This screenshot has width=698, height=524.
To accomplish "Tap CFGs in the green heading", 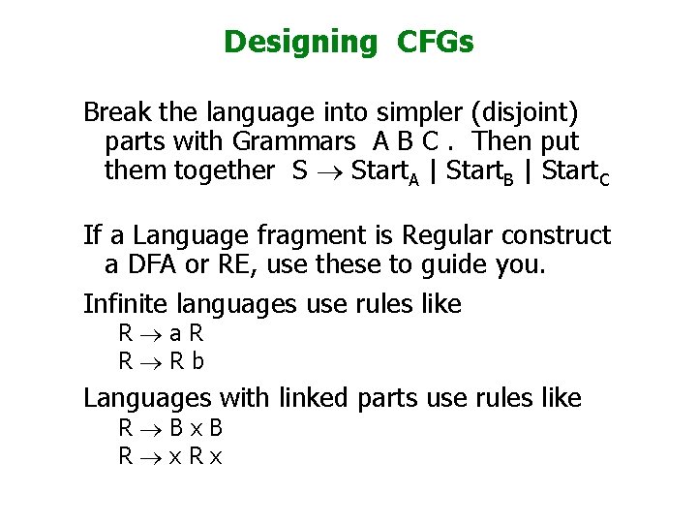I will tap(436, 43).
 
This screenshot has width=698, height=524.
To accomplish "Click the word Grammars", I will tap(293, 142).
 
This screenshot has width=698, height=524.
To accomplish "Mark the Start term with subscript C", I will tap(576, 172).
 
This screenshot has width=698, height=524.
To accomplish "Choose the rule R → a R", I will tap(161, 335).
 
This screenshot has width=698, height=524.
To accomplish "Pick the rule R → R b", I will tap(161, 361).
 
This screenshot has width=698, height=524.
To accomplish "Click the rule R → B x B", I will tap(170, 428).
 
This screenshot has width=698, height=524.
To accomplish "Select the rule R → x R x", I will tap(170, 455).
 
